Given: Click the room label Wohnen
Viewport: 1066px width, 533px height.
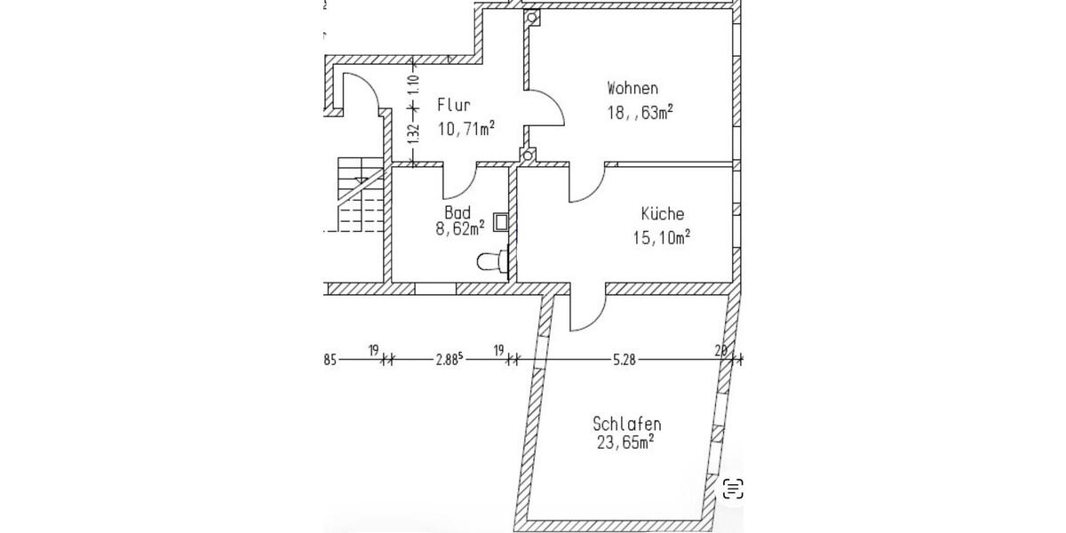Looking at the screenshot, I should click(x=632, y=88).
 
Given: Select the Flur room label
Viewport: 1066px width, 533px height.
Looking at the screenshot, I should click(x=453, y=106).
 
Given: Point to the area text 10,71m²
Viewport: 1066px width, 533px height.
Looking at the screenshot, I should click(x=465, y=129).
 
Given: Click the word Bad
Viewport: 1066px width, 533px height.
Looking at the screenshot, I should click(x=457, y=213).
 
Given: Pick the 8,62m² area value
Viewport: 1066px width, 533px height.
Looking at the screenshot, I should click(x=459, y=229).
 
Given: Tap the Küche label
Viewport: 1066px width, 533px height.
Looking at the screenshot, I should click(x=663, y=214).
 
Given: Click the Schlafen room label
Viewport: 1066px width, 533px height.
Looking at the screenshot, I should click(x=626, y=424).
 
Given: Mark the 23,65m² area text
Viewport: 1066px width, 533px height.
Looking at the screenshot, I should click(x=625, y=442).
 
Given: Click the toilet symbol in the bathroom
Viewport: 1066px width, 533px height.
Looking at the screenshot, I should click(x=492, y=261).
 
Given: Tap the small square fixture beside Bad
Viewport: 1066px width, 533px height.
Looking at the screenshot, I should click(x=500, y=221).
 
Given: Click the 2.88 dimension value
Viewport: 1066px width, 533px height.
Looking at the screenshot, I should click(x=449, y=360).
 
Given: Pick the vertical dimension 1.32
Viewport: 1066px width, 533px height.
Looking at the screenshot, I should click(x=412, y=134).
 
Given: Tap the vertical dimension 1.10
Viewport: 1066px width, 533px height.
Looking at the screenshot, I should click(x=412, y=85).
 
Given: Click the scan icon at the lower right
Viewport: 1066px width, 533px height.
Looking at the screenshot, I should click(x=733, y=488).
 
